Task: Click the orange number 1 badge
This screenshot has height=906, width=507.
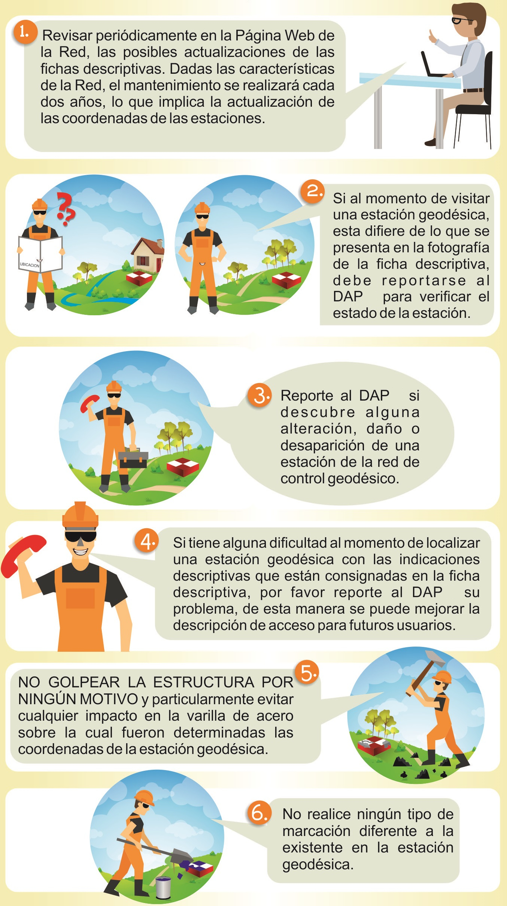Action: pyautogui.click(x=25, y=32)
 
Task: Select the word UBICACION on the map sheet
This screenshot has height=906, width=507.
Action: pyautogui.click(x=29, y=265)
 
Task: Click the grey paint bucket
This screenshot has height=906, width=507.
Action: pyautogui.click(x=163, y=887)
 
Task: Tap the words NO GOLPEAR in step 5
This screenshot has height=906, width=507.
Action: pyautogui.click(x=69, y=682)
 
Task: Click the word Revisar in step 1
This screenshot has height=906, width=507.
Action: pyautogui.click(x=67, y=36)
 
